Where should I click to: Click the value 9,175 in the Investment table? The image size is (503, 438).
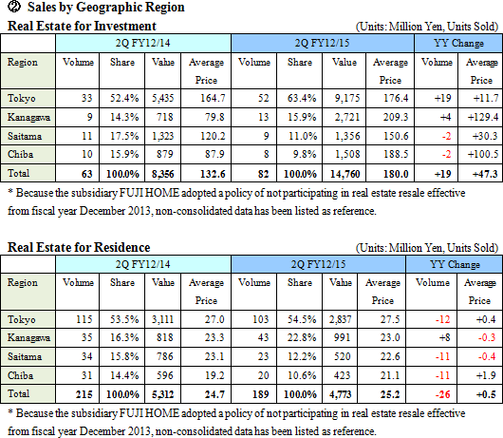coord(347,98)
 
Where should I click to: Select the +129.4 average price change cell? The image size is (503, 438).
coord(483,117)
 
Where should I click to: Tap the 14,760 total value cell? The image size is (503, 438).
coord(345,174)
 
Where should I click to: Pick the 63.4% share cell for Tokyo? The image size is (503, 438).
coord(302,98)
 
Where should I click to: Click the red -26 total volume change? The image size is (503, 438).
coord(442,394)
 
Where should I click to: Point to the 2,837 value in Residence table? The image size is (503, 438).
coord(340,319)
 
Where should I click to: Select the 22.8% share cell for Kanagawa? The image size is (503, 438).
coord(302,337)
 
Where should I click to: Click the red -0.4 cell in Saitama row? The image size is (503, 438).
coord(487,356)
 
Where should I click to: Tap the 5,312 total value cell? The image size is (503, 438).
coord(162,394)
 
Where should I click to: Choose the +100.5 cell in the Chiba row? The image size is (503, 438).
coord(483,154)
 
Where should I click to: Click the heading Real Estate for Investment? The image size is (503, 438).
coord(82,26)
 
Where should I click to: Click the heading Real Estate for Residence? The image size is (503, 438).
coord(79,247)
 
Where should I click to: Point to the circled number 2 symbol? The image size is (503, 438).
coord(14,7)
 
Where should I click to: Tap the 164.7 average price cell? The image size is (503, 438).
coord(213,98)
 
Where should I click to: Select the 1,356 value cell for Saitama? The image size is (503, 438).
coord(347,136)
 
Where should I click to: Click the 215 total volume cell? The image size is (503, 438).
coord(84,394)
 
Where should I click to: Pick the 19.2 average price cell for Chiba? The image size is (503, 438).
coord(214,375)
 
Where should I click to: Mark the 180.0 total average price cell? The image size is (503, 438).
coord(396,174)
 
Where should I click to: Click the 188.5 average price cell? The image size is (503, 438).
coord(396,154)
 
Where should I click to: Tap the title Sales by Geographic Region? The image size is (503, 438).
coord(106,7)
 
